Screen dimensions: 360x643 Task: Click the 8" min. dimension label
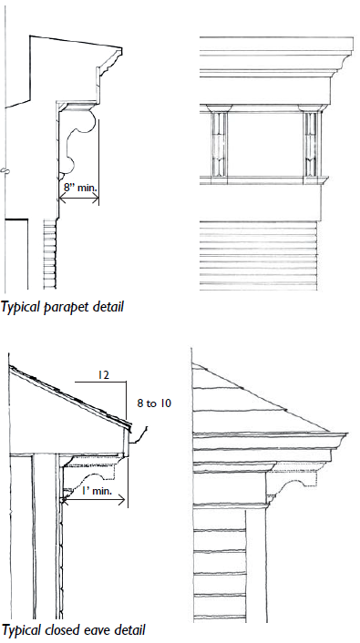click(80, 189)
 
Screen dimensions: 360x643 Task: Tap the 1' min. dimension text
click(95, 491)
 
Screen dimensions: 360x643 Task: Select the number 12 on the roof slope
click(104, 375)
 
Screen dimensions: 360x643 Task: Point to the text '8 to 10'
click(154, 404)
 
